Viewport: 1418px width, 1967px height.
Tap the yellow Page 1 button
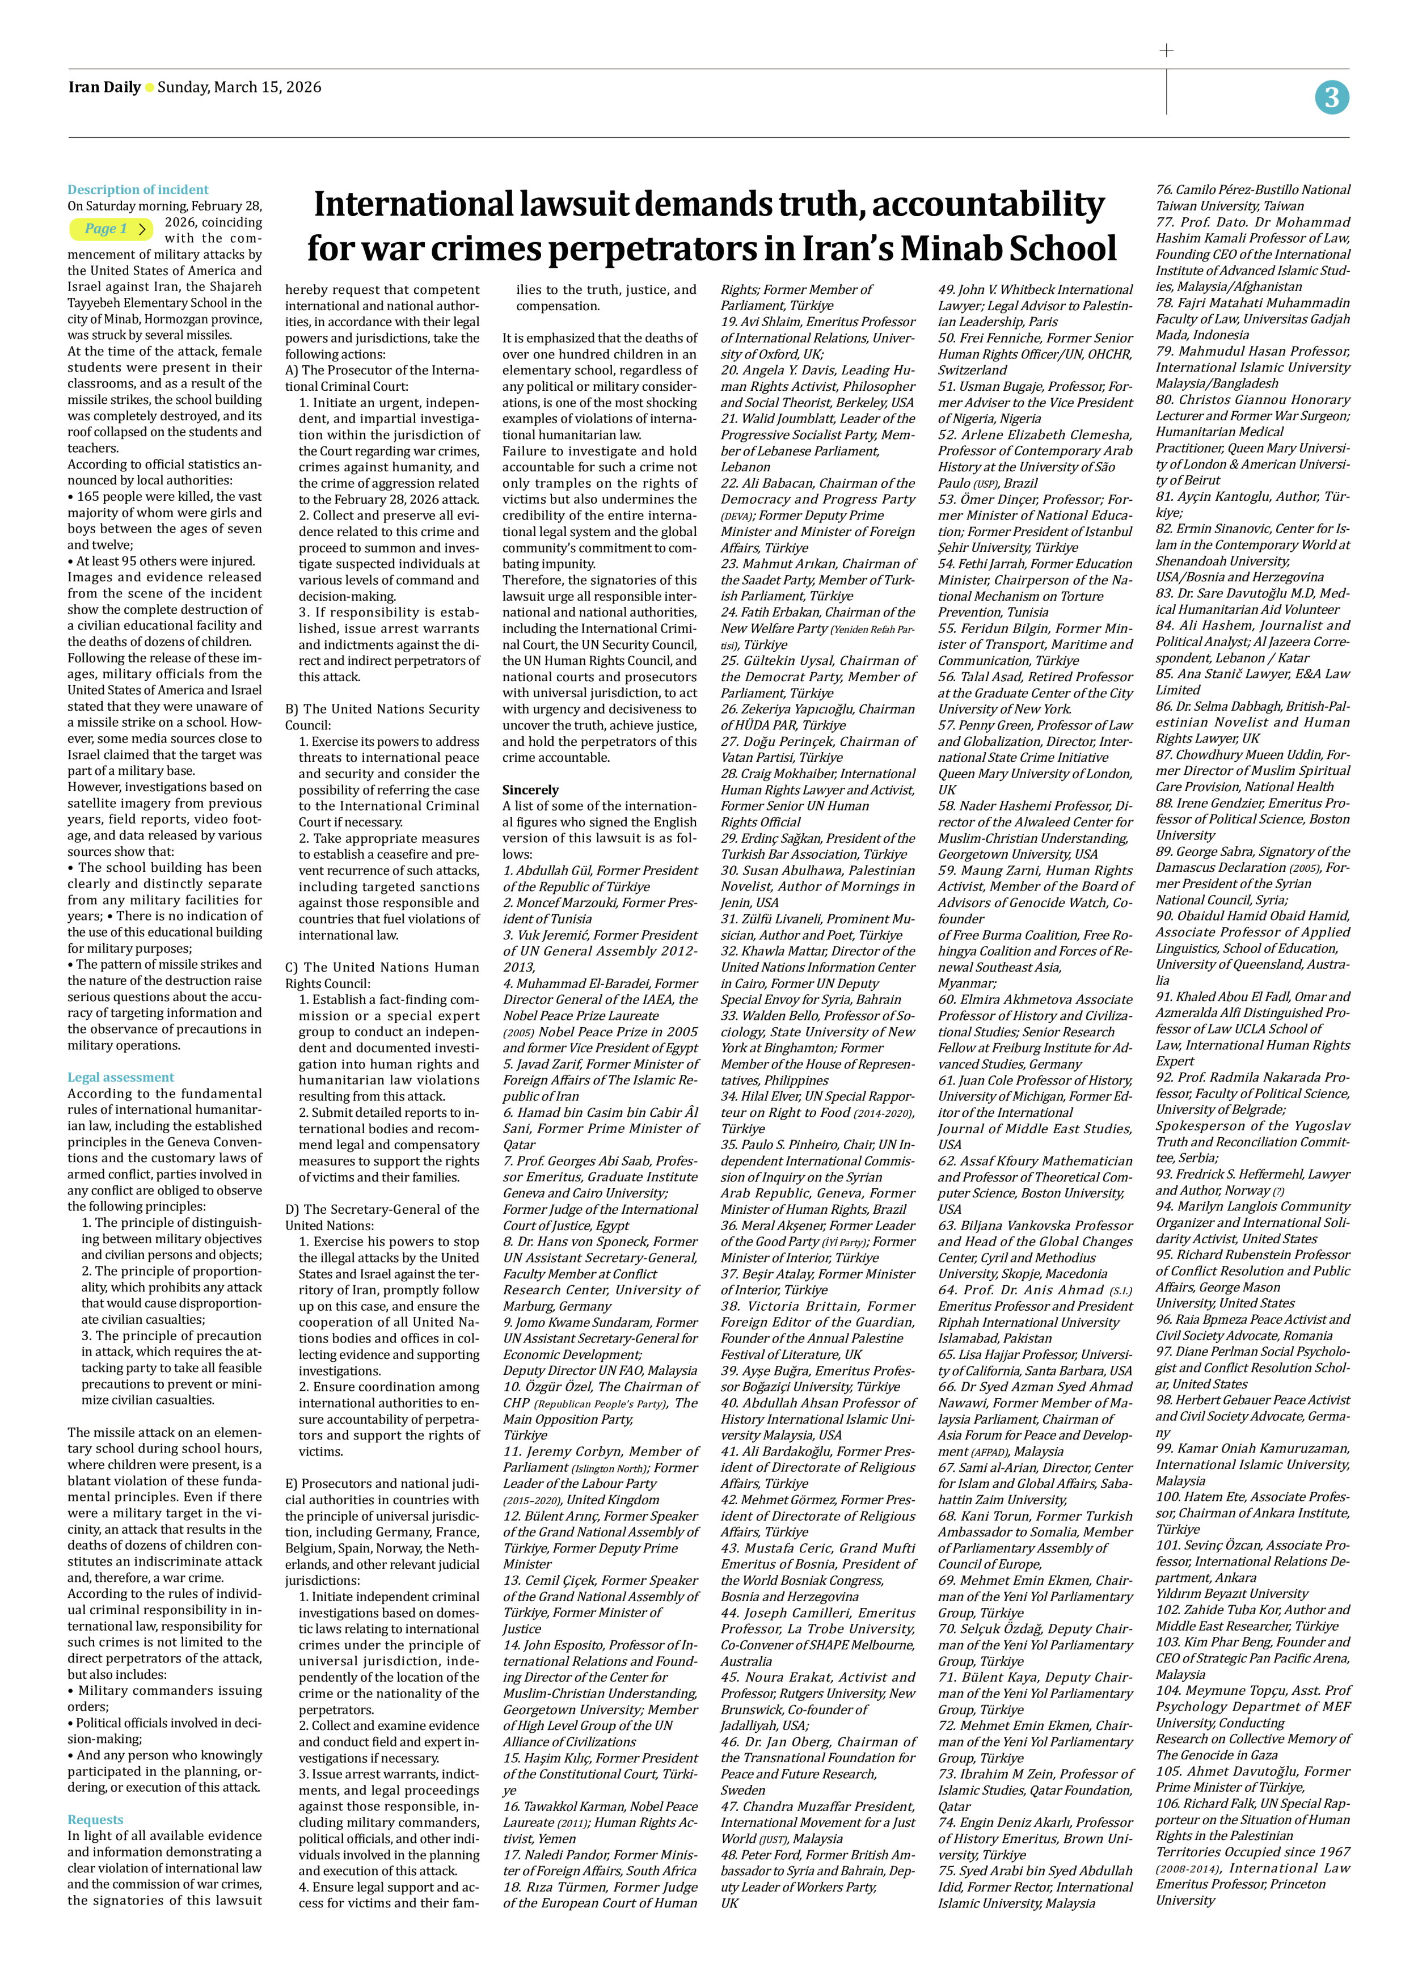point(111,229)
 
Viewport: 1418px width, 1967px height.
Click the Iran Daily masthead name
point(104,87)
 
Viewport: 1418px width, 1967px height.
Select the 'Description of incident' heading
point(138,189)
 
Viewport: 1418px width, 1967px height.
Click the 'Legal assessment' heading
point(121,1077)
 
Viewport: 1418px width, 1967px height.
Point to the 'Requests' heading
point(95,1819)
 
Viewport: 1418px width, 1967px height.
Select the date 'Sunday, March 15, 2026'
point(239,87)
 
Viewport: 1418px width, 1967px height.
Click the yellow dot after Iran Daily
point(149,87)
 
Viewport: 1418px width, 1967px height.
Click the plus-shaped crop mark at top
point(1167,50)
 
